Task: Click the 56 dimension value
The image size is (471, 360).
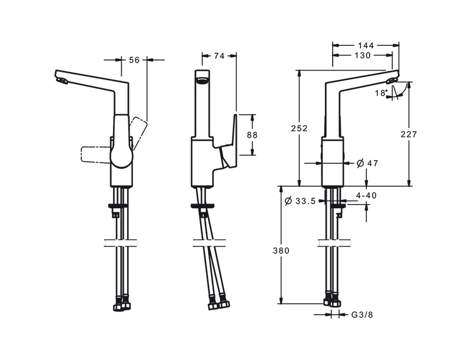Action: [134, 60]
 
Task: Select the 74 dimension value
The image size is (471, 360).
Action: [219, 56]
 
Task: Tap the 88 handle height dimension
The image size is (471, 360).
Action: [253, 135]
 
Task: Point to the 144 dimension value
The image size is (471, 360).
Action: [366, 45]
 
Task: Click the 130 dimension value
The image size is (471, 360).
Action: [363, 55]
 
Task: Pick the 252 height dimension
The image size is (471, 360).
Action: [300, 128]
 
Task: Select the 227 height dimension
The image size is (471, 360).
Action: [409, 134]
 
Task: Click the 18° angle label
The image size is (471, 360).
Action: [382, 93]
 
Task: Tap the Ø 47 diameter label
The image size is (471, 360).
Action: [367, 163]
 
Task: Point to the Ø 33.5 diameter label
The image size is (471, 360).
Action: [300, 201]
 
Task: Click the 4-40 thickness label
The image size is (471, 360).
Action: [366, 195]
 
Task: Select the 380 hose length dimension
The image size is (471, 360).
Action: [281, 251]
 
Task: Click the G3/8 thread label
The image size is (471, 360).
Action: [362, 315]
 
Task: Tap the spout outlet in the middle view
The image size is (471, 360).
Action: [202, 80]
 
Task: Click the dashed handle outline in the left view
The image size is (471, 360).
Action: [96, 155]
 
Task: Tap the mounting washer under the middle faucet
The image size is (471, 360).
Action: [203, 206]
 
